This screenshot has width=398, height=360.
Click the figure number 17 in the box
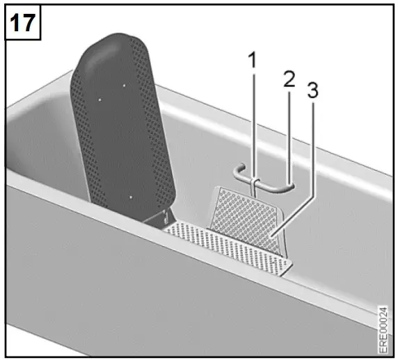(x=22, y=22)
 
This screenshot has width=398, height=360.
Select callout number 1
(x=253, y=61)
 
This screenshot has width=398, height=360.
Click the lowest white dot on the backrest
(x=129, y=197)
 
